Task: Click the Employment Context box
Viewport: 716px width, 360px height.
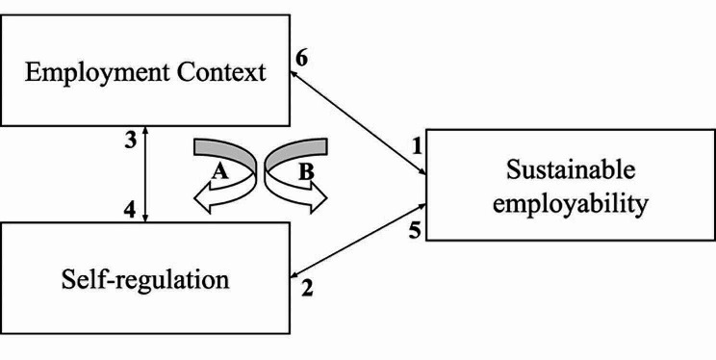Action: click(144, 72)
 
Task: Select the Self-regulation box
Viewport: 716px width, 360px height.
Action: click(144, 280)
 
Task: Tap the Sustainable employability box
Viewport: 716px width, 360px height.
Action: click(571, 187)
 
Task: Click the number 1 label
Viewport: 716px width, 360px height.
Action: click(417, 147)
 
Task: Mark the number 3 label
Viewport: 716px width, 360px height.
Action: click(128, 137)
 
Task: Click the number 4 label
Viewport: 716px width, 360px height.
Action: click(128, 204)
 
